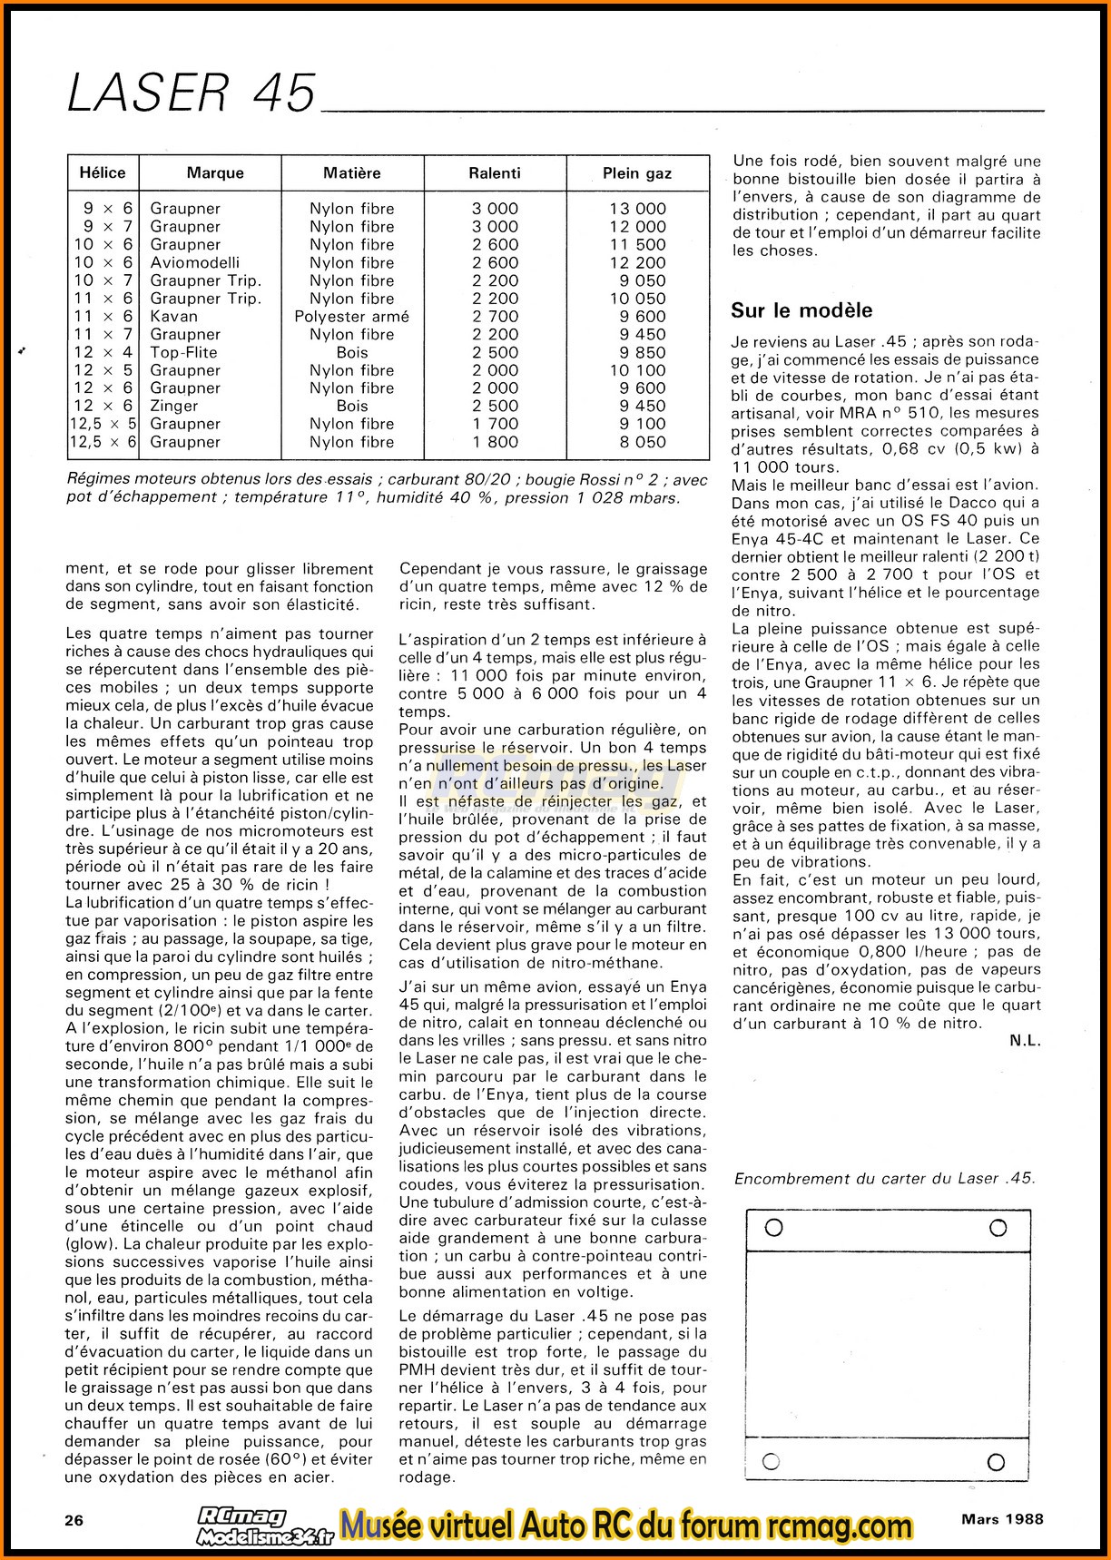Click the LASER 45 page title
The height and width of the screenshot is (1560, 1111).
(x=192, y=93)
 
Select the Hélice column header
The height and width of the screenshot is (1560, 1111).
(x=103, y=172)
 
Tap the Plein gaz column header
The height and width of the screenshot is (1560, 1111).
(x=637, y=172)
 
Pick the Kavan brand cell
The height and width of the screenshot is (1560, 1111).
(x=173, y=316)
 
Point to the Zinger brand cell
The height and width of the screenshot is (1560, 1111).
(x=174, y=406)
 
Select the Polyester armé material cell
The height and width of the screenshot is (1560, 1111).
(x=351, y=316)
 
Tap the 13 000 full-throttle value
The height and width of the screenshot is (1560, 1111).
(x=637, y=209)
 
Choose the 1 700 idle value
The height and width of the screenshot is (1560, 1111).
(x=495, y=424)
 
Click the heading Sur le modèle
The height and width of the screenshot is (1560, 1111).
(x=801, y=310)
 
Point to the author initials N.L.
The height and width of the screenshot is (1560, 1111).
(x=1025, y=1041)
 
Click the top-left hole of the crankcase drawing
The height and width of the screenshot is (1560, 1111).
(x=774, y=1228)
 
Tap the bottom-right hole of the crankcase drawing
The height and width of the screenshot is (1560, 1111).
(x=996, y=1461)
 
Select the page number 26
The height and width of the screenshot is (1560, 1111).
(x=74, y=1519)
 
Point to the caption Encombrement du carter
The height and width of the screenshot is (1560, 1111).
(x=883, y=1178)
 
